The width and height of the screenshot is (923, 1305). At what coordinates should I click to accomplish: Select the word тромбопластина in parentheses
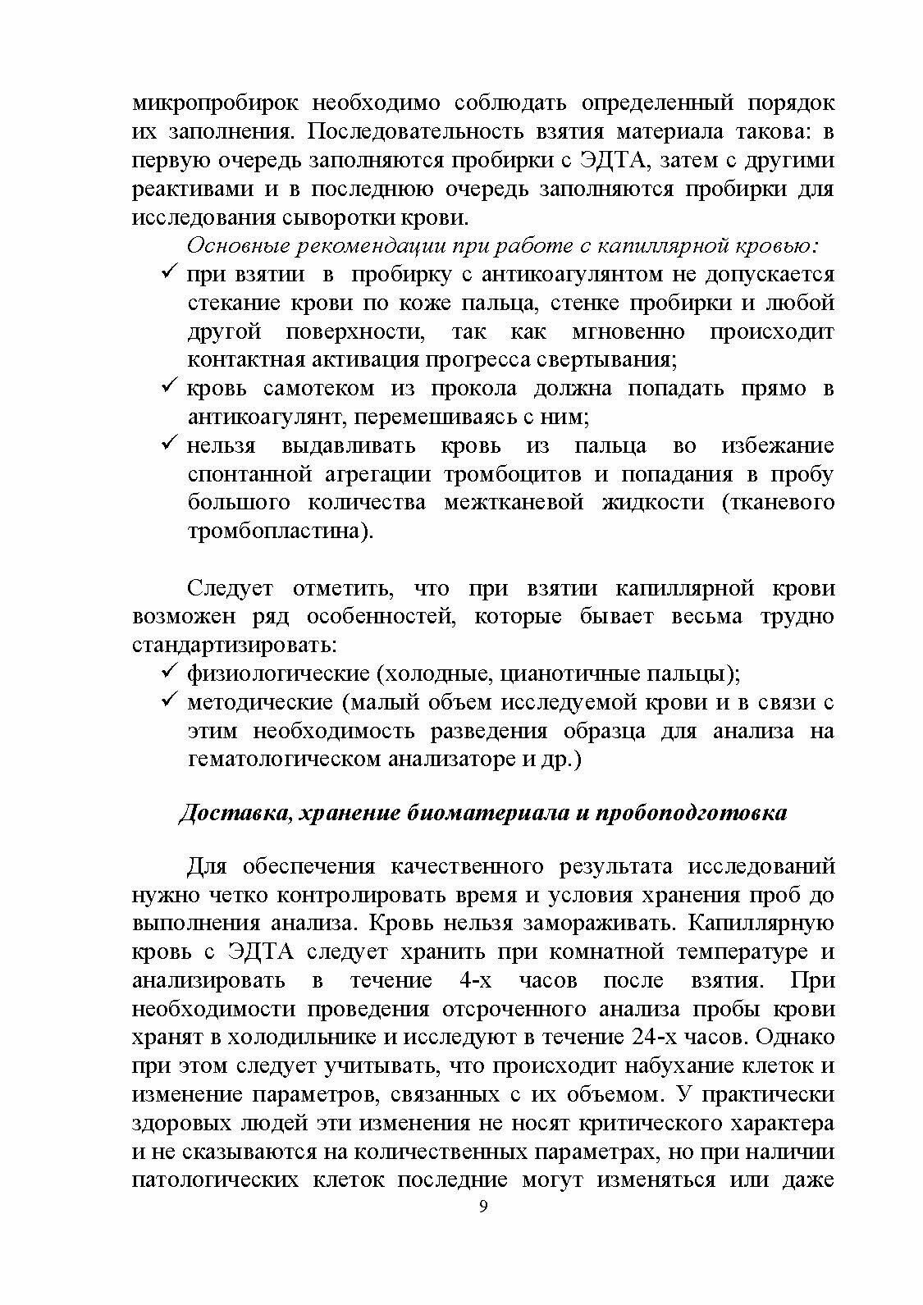(x=275, y=531)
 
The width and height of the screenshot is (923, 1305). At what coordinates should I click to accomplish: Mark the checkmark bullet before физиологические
(x=170, y=672)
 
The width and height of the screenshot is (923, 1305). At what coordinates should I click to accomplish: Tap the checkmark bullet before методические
(x=170, y=700)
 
